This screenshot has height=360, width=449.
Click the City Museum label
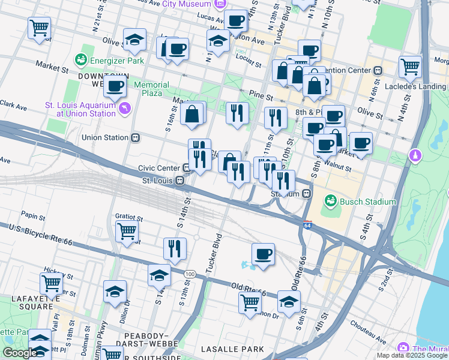tap(188, 4)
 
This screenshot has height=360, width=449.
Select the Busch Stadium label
tap(367, 202)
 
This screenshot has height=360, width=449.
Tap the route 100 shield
tap(190, 274)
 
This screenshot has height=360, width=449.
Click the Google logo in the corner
tap(20, 353)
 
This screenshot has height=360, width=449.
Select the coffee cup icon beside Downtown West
tap(114, 86)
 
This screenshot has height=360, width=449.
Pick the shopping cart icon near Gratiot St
tap(127, 230)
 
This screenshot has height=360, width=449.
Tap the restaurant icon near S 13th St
tap(175, 248)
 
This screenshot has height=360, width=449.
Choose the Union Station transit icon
tap(136, 137)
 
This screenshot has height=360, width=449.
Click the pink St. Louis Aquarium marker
tap(125, 108)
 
